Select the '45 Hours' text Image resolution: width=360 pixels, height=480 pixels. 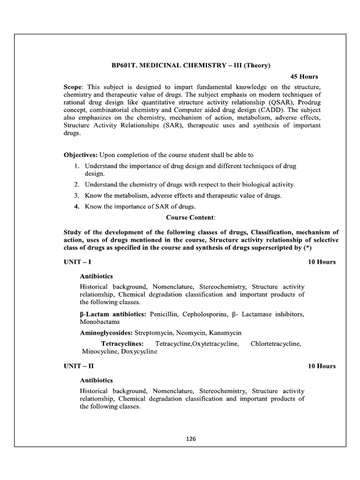(304, 77)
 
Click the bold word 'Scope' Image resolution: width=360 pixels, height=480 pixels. (73, 88)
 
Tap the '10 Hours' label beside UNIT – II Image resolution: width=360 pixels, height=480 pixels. (322, 366)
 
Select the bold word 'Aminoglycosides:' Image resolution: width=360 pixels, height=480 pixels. (106, 333)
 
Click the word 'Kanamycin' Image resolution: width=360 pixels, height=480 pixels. (226, 333)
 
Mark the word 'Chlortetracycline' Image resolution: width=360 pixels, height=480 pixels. (276, 344)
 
